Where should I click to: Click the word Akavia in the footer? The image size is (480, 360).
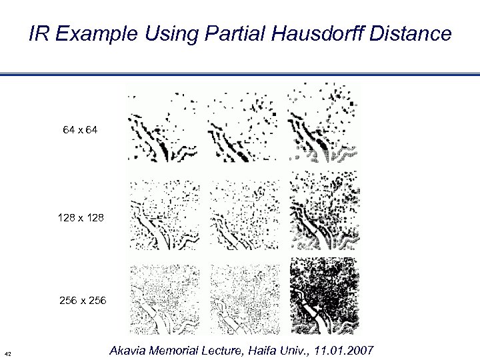(129, 351)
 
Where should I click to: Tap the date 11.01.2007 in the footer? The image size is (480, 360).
(344, 351)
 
